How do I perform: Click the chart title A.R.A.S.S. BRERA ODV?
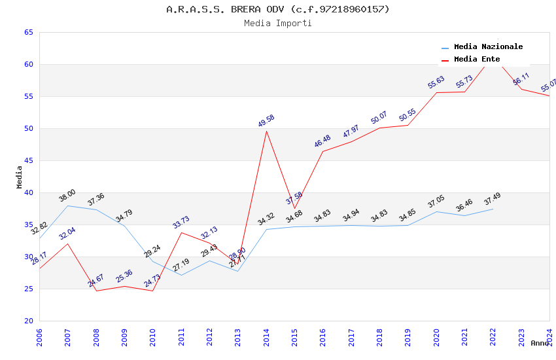click(x=278, y=9)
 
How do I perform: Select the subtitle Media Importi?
click(x=278, y=23)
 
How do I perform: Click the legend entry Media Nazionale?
click(x=488, y=46)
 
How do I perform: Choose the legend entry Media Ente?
click(x=477, y=59)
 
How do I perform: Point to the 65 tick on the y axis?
click(x=28, y=32)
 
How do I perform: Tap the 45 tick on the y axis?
click(x=28, y=160)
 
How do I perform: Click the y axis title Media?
click(x=20, y=177)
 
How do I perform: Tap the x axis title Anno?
click(x=540, y=343)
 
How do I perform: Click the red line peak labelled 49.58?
click(x=266, y=131)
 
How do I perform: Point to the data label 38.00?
click(x=67, y=195)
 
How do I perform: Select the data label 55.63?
click(x=436, y=82)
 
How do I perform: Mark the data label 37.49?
click(x=492, y=198)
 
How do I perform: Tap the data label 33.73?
click(x=181, y=222)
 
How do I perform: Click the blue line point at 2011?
click(x=181, y=275)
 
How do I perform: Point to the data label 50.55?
click(x=408, y=115)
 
